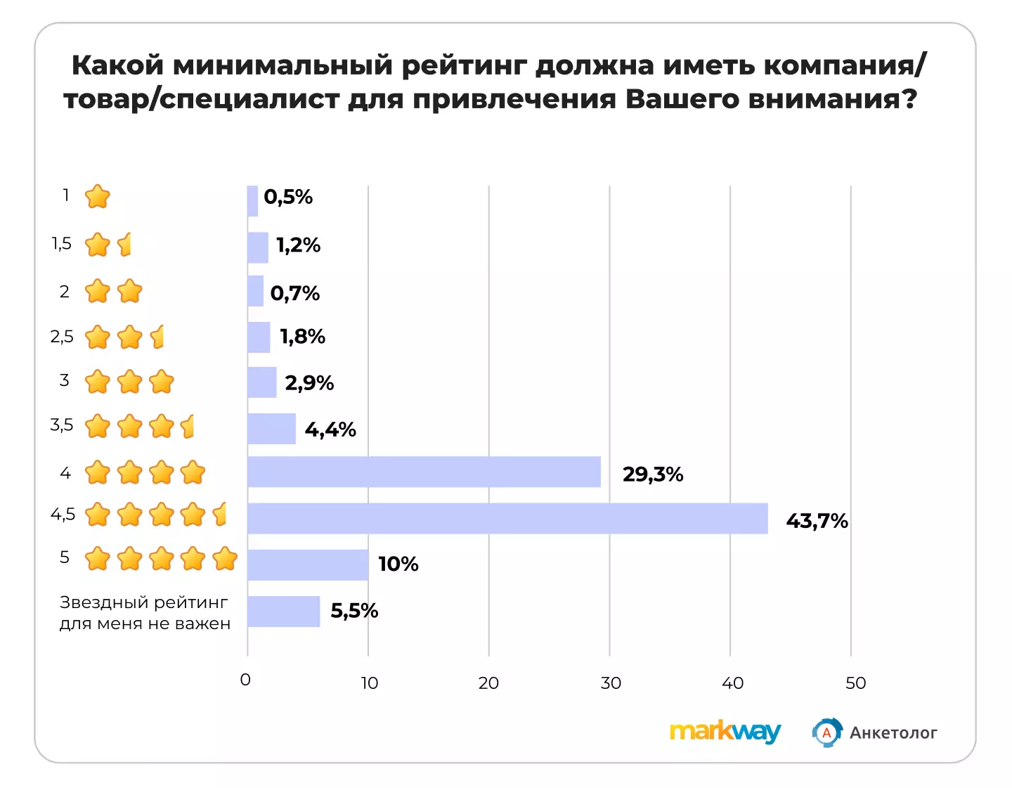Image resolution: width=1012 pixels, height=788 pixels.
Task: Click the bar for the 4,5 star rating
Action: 507,518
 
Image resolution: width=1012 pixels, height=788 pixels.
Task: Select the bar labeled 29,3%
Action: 424,472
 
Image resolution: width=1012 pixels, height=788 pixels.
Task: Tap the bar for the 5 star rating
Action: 308,565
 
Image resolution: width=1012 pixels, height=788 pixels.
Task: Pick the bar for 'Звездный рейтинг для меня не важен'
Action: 284,612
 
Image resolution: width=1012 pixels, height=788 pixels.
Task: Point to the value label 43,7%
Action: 817,521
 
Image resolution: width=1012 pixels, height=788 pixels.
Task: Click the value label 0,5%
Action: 288,197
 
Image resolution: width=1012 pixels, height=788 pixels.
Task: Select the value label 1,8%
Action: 302,336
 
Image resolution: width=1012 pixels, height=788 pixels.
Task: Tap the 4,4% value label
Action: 330,429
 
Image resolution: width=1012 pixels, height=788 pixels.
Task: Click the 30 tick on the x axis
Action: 611,683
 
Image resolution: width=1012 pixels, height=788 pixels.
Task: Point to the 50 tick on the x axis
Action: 855,683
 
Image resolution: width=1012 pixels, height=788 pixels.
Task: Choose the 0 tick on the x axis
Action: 245,680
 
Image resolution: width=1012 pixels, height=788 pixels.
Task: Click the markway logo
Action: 725,732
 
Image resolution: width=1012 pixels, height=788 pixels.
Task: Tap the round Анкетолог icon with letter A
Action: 827,732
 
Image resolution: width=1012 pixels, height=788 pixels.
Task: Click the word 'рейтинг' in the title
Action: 464,65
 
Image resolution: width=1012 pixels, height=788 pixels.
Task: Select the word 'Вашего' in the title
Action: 682,98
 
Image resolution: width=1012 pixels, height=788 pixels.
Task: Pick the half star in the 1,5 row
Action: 124,245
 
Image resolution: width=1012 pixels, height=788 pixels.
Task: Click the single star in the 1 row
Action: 97,197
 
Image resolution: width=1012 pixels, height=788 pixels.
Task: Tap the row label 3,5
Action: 62,425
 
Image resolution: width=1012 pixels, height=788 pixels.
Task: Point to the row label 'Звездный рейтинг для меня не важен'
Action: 145,613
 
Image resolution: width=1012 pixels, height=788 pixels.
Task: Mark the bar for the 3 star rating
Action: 262,382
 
